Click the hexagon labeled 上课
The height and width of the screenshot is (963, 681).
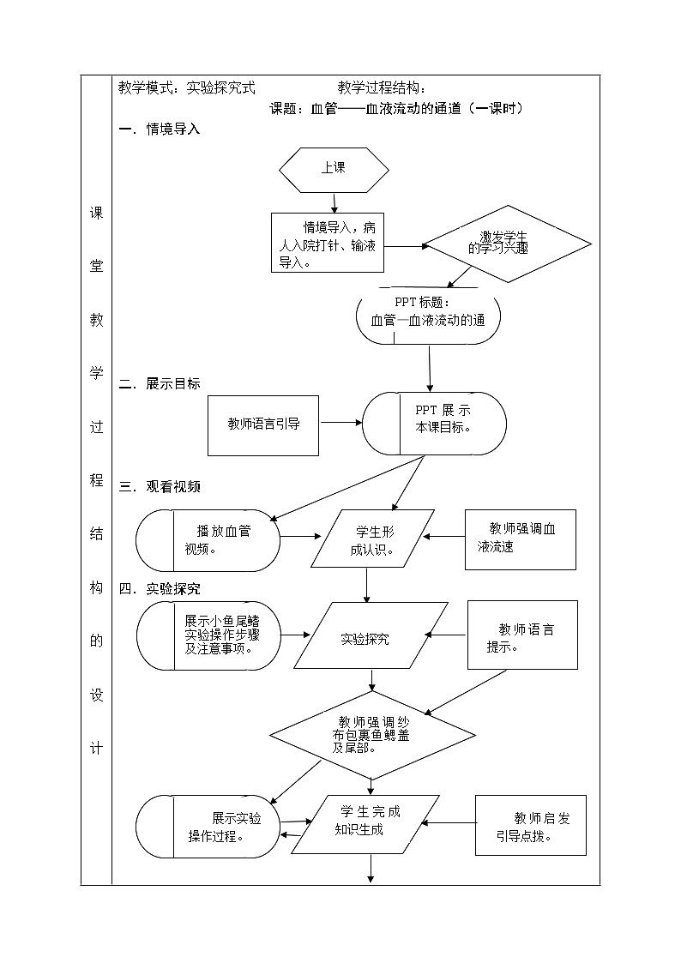click(x=334, y=169)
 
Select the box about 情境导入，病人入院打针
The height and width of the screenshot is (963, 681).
click(x=327, y=243)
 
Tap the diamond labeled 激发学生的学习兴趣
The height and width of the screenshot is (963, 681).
click(x=509, y=244)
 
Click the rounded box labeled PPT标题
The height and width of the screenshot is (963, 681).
click(x=428, y=316)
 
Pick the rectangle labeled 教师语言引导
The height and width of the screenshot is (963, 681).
click(x=263, y=424)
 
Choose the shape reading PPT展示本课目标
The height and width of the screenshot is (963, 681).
click(x=434, y=424)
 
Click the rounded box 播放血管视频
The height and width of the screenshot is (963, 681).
click(x=208, y=540)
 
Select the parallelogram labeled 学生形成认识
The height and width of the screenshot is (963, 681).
click(x=372, y=539)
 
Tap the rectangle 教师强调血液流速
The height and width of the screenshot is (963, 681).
click(x=520, y=539)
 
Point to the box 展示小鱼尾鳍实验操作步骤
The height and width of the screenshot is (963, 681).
click(x=208, y=635)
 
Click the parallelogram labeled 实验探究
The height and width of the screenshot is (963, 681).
click(x=371, y=636)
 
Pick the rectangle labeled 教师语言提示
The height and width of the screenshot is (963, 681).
click(x=521, y=635)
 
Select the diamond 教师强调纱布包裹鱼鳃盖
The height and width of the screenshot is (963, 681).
click(x=372, y=735)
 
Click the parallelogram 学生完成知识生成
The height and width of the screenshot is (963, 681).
click(x=366, y=824)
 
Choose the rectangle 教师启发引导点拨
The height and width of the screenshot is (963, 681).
click(x=530, y=825)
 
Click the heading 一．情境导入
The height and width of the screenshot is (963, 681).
click(x=160, y=129)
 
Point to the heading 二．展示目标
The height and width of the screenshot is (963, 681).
click(x=160, y=383)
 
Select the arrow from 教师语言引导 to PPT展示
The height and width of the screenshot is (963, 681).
click(x=340, y=423)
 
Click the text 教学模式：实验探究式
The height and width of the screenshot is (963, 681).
click(x=187, y=87)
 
